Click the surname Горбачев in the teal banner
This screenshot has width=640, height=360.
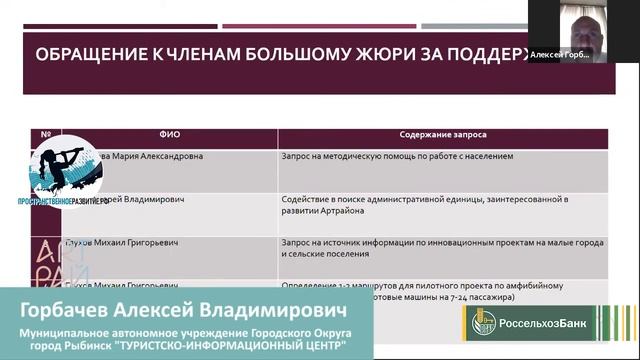[x=75, y=307]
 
